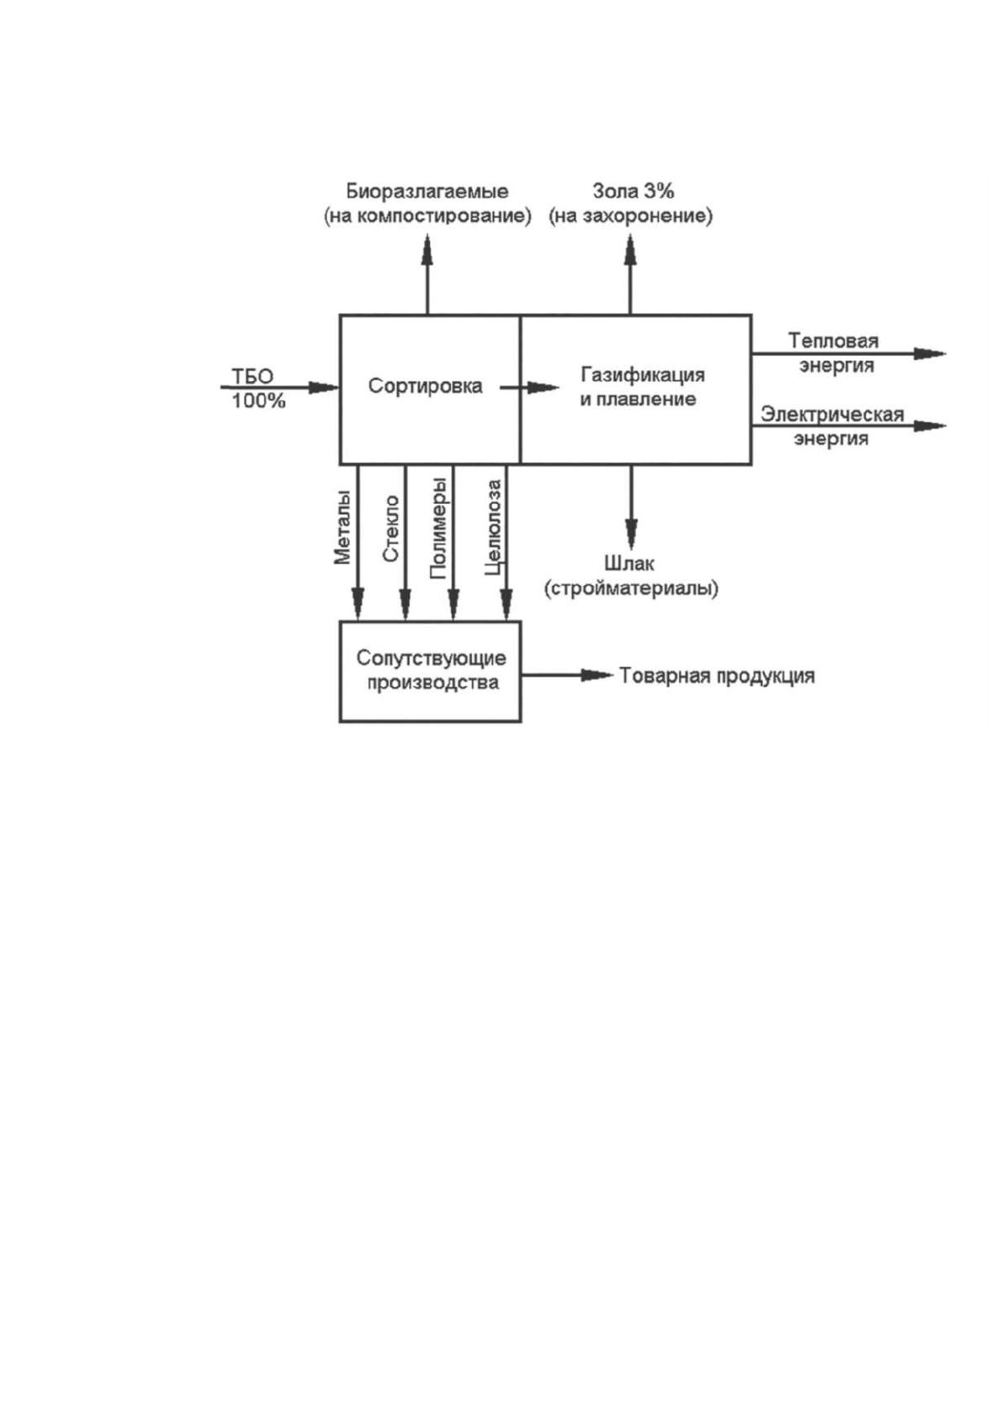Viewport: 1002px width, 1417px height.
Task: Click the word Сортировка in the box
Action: pos(425,386)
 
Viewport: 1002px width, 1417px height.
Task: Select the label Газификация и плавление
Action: pos(642,386)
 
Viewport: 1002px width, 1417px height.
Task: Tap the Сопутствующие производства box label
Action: pos(431,670)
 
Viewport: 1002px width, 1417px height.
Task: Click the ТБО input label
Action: pos(252,376)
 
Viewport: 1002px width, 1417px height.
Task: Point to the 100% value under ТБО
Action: pos(259,401)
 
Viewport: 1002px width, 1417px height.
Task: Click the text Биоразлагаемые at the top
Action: pos(427,191)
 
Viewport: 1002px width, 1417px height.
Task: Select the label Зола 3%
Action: pos(633,190)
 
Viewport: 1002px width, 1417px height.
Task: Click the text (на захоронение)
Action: pos(631,216)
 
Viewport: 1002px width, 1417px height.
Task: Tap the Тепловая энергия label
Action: pos(835,353)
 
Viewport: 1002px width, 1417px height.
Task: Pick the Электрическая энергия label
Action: pos(832,427)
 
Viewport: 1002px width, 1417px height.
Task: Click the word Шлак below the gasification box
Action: pos(630,563)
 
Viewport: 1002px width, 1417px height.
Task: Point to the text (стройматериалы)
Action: pos(631,589)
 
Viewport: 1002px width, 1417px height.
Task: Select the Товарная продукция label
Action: pos(717,676)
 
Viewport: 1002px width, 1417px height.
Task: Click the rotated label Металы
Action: pos(342,526)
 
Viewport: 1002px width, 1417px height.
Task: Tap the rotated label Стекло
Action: pos(391,528)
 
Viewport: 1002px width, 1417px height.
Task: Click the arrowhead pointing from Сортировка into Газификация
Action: pos(544,386)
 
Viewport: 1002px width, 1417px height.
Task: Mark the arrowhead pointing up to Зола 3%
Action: pos(630,249)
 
